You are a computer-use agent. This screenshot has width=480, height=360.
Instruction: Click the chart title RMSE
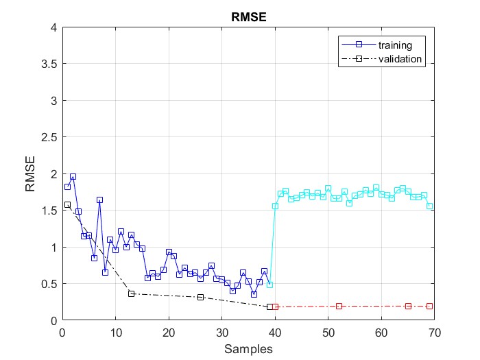[x=248, y=16]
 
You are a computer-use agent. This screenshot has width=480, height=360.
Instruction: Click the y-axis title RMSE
[x=29, y=174]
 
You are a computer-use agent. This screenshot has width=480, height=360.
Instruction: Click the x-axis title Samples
[x=248, y=349]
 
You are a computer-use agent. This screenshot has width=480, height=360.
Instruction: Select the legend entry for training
[x=395, y=45]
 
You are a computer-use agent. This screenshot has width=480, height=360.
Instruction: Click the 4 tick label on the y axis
[x=54, y=28]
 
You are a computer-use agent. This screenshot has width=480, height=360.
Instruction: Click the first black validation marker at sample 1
[x=67, y=205]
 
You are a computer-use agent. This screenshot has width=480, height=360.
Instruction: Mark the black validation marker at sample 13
[x=131, y=293]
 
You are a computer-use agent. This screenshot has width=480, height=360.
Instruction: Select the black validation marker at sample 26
[x=200, y=297]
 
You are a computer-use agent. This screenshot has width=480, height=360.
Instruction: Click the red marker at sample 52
[x=339, y=306]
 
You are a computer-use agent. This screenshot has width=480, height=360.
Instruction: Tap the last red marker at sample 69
[x=429, y=306]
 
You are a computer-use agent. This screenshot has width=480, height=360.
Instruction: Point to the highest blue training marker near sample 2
[x=73, y=177]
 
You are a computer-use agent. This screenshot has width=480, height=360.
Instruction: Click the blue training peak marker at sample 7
[x=99, y=200]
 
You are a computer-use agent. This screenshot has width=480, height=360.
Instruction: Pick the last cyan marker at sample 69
[x=429, y=206]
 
